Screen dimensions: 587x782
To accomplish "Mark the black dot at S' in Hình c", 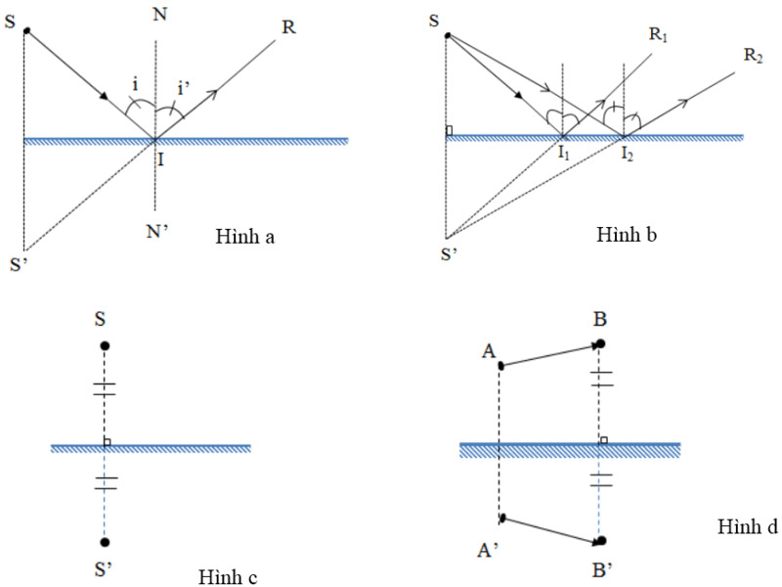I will click(x=105, y=542).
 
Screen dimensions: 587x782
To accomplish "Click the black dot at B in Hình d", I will click(x=600, y=344).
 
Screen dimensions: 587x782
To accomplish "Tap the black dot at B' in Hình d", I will click(x=600, y=541).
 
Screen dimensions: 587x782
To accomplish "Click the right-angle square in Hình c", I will click(x=108, y=443).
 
